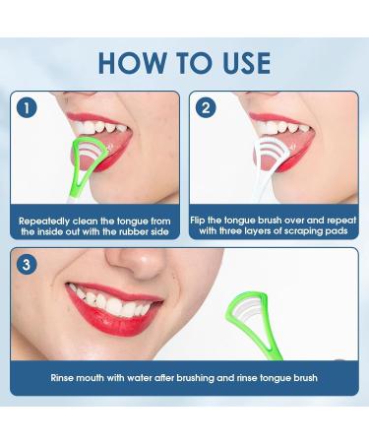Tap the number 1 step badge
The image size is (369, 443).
(x=26, y=107)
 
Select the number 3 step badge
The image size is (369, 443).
(x=26, y=263)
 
